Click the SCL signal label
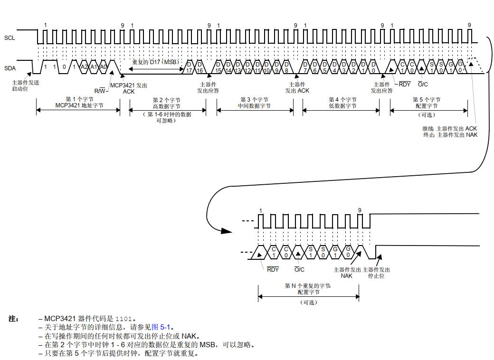(9, 38)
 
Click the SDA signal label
(10, 68)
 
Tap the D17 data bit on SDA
(189, 67)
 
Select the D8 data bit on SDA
(286, 67)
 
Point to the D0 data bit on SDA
(373, 67)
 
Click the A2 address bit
(84, 67)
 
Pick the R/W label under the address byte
(100, 91)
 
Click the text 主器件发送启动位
(26, 85)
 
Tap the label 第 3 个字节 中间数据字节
(255, 103)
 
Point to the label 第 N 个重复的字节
(307, 286)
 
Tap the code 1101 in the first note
(125, 319)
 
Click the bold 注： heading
(14, 319)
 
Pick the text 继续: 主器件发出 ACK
(449, 129)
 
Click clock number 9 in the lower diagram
(360, 210)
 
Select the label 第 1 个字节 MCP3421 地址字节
(79, 103)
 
